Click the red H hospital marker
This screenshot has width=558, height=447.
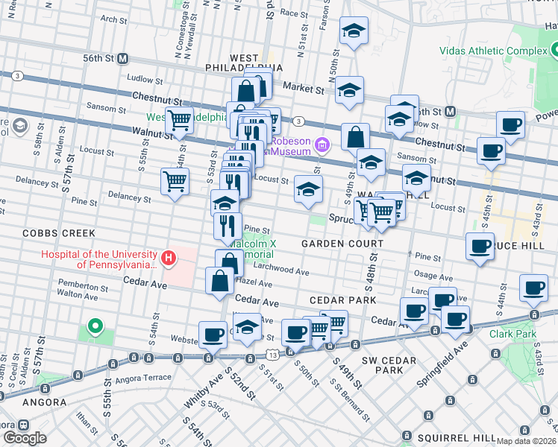(x=169, y=259)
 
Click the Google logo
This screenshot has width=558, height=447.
(x=24, y=438)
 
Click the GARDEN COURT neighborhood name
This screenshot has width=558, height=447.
(x=342, y=244)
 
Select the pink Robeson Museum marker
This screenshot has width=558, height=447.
(x=322, y=144)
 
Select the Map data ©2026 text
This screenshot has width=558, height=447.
(x=526, y=441)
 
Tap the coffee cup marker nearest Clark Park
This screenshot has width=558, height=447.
(x=533, y=288)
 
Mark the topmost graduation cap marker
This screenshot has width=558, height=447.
(x=354, y=31)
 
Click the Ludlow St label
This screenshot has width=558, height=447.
(x=144, y=78)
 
